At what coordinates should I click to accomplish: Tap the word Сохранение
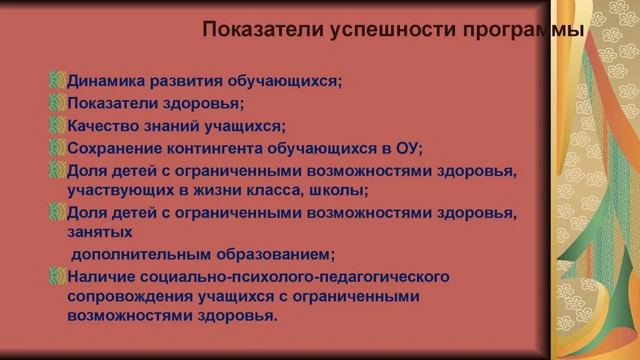pyautogui.click(x=113, y=149)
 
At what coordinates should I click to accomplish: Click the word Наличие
pyautogui.click(x=100, y=276)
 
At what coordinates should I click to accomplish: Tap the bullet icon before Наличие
pyautogui.click(x=57, y=276)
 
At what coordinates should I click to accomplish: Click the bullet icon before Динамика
pyautogui.click(x=57, y=81)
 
